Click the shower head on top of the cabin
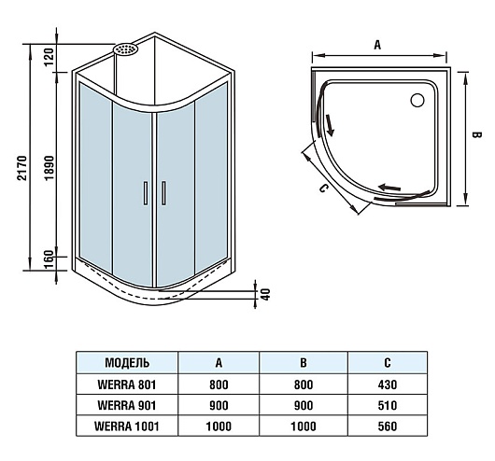click(x=126, y=49)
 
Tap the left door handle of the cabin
click(x=146, y=193)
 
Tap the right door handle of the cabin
click(x=163, y=193)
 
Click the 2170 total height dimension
click(x=22, y=168)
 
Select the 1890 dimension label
click(x=49, y=168)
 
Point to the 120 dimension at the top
click(x=49, y=57)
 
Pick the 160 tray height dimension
click(x=49, y=259)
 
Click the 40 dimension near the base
click(x=266, y=294)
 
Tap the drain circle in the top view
click(x=417, y=100)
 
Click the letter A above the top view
click(x=377, y=46)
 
